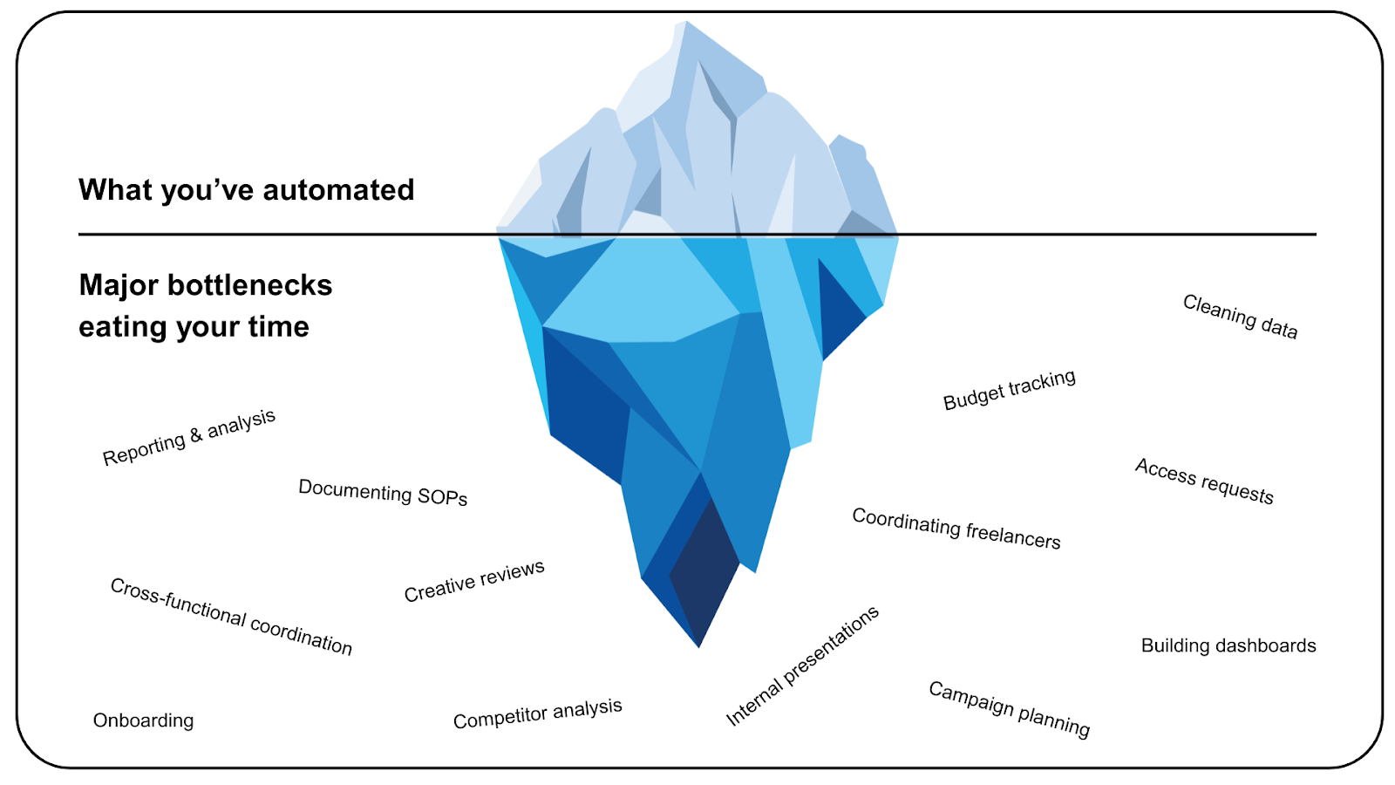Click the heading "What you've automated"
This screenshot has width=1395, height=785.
point(246,190)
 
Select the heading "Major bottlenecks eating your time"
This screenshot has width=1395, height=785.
point(205,305)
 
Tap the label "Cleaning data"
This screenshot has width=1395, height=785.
point(1240,317)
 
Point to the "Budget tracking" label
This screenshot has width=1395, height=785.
point(1010,390)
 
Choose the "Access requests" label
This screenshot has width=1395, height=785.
point(1204,481)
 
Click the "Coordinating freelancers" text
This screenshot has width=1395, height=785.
point(956,529)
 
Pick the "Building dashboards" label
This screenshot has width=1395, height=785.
point(1228,645)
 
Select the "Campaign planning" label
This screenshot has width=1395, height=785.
point(1009,709)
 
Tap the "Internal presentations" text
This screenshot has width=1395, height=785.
point(802,666)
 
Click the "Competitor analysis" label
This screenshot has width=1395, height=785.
point(537,713)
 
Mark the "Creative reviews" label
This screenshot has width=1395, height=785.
point(474,581)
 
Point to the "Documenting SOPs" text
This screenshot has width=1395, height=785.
point(383,493)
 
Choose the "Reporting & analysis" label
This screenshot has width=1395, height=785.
point(189,437)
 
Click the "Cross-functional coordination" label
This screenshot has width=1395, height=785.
point(231,617)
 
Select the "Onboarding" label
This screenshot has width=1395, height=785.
point(143,720)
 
